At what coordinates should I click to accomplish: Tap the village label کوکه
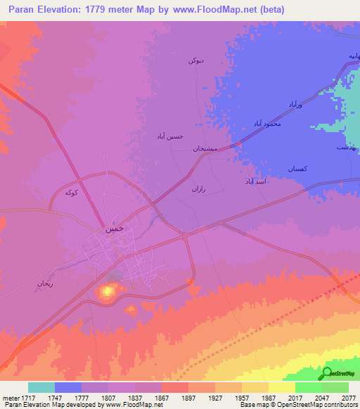(x=70, y=192)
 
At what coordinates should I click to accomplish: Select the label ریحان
(x=45, y=285)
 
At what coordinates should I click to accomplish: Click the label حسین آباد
(x=169, y=136)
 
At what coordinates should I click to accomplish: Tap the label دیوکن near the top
(x=195, y=61)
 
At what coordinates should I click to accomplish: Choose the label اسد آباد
(x=258, y=181)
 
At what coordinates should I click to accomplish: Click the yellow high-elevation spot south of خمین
(x=108, y=290)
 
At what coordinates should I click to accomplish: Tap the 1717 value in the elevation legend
(x=27, y=398)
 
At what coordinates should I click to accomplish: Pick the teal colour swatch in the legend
(x=41, y=387)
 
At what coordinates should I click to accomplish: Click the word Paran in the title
(x=22, y=10)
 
